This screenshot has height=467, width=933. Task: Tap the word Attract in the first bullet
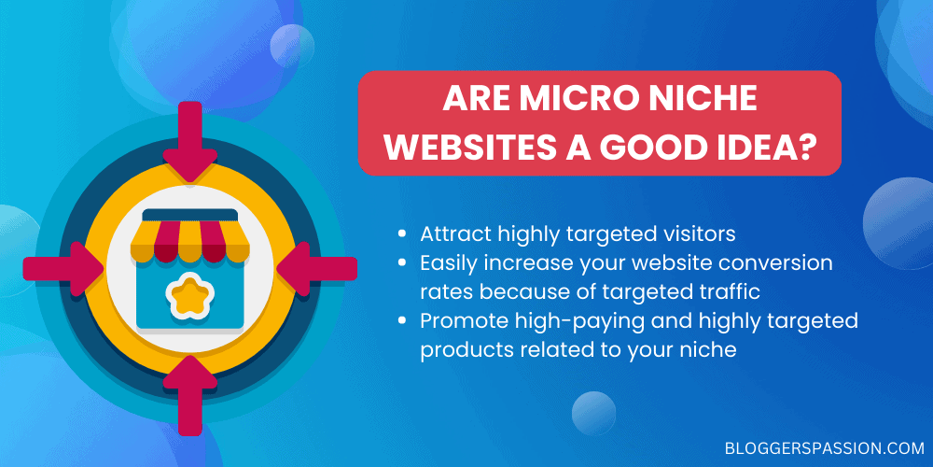click(452, 233)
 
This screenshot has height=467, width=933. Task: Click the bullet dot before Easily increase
click(402, 263)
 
